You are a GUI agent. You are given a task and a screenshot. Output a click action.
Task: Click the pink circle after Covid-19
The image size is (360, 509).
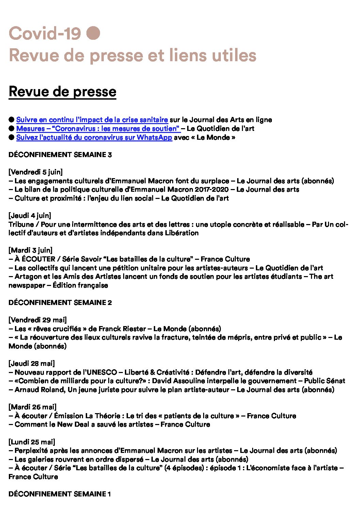click(x=93, y=33)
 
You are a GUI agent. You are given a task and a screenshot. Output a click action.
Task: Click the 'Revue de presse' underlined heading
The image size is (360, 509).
click(x=62, y=91)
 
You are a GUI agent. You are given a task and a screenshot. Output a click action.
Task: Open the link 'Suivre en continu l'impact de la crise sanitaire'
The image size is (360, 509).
click(x=92, y=120)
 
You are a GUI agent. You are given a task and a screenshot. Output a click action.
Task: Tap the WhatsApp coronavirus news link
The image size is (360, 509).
click(x=94, y=137)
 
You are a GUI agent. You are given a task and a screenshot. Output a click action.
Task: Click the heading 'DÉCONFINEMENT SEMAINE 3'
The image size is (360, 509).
click(x=60, y=155)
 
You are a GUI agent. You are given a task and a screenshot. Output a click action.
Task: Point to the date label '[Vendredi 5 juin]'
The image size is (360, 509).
click(x=35, y=172)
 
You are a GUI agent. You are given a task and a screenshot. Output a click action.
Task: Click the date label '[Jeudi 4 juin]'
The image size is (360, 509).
click(x=30, y=216)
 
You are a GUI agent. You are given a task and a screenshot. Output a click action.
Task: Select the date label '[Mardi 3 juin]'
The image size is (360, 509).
click(x=30, y=250)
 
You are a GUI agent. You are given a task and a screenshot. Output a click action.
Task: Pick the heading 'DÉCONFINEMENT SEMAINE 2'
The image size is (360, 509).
click(x=60, y=303)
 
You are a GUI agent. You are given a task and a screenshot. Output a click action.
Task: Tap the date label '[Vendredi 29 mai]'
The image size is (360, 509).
click(x=37, y=320)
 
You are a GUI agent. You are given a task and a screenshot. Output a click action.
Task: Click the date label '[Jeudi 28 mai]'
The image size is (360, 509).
click(x=31, y=363)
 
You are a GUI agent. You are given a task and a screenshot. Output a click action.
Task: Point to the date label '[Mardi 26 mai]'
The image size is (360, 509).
click(x=32, y=407)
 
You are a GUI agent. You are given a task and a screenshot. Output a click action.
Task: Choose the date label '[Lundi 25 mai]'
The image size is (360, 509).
click(x=32, y=442)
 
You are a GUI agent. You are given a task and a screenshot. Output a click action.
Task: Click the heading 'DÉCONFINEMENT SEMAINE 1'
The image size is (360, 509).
click(x=60, y=494)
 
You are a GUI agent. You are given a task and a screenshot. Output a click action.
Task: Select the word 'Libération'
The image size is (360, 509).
click(x=181, y=233)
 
